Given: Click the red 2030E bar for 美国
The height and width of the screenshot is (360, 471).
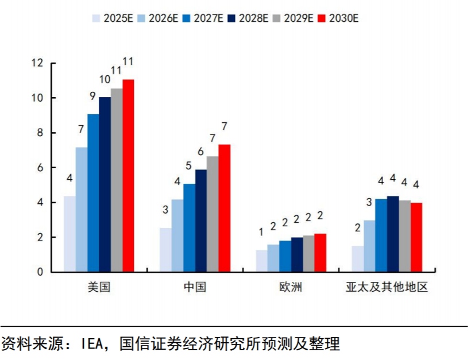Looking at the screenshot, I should click(x=128, y=176).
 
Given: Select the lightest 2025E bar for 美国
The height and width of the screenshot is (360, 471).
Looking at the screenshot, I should click(x=70, y=234).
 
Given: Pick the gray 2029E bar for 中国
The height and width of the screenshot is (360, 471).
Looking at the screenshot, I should click(x=213, y=214).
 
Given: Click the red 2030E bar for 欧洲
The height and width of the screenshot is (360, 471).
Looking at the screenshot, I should click(x=320, y=253).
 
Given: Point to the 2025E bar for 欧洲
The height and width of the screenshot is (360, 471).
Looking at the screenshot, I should click(x=261, y=261).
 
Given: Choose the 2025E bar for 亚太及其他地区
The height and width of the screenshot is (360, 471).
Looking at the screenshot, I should click(x=357, y=259).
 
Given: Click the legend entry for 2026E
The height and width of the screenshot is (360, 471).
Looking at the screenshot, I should click(x=159, y=18).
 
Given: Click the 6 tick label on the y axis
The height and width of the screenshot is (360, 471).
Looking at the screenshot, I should click(x=40, y=168).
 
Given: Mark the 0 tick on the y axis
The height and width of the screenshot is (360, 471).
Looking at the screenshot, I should click(x=40, y=272).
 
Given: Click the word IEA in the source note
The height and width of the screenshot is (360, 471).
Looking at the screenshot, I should click(x=91, y=344).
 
